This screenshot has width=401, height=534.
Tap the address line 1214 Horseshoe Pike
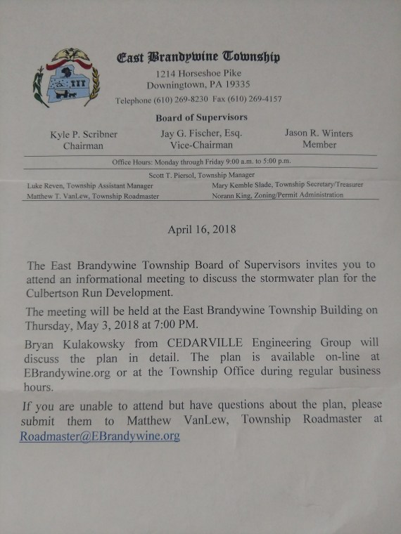click(x=199, y=74)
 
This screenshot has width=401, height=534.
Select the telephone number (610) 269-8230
click(x=180, y=100)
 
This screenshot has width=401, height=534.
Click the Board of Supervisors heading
click(x=201, y=117)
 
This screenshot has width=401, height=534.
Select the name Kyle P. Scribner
click(x=82, y=133)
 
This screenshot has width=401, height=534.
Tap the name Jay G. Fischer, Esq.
click(x=201, y=133)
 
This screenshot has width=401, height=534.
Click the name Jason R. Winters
click(x=319, y=133)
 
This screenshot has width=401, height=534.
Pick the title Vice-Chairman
click(x=201, y=145)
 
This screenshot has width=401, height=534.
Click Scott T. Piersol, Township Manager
click(x=202, y=174)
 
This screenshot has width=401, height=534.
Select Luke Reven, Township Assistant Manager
click(x=86, y=185)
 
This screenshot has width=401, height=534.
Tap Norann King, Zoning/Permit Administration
click(x=277, y=195)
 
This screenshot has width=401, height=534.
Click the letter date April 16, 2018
click(x=201, y=229)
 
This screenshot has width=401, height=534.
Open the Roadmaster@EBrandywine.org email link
click(x=100, y=436)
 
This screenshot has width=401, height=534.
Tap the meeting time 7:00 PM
click(x=172, y=326)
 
